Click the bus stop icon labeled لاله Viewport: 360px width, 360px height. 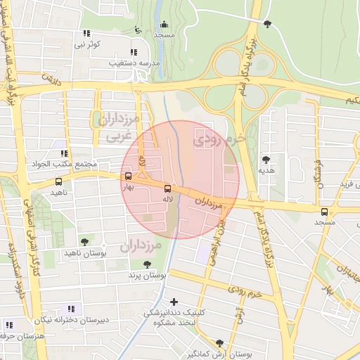[167, 188]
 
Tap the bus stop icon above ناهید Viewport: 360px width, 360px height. [58, 181]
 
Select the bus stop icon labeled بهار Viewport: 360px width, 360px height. [127, 176]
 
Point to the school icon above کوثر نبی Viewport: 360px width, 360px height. [86, 33]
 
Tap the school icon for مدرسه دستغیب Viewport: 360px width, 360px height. [134, 51]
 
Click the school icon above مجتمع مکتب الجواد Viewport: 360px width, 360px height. [63, 153]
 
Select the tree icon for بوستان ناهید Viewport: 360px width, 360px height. [84, 241]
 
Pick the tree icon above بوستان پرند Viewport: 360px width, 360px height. [146, 264]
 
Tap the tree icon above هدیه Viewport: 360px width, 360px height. [266, 160]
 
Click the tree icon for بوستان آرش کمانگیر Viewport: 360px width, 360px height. [221, 342]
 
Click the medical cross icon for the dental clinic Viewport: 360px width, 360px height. [174, 302]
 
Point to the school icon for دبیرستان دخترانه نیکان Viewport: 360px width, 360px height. [70, 309]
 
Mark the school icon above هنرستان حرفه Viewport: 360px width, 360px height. [8, 325]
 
